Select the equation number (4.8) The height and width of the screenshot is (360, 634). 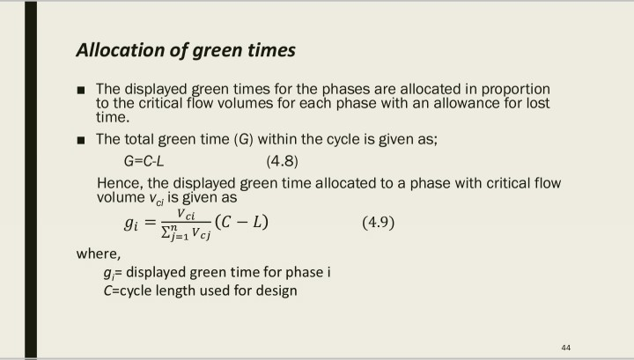tap(282, 162)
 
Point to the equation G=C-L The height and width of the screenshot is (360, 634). tap(144, 162)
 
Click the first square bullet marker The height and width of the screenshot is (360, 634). tap(81, 91)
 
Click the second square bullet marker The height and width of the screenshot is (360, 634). tap(81, 140)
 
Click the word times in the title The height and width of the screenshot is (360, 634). tap(266, 51)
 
